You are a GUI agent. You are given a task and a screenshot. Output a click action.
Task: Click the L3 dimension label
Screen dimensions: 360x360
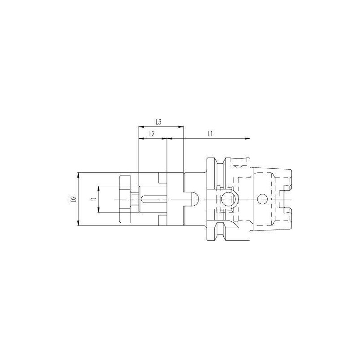tap(158, 122)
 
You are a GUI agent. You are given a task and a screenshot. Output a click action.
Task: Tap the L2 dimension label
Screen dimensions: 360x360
tap(152, 134)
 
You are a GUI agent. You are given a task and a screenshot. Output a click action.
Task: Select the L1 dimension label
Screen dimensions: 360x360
tap(210, 134)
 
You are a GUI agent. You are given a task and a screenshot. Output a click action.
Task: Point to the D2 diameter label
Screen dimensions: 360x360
tap(73, 199)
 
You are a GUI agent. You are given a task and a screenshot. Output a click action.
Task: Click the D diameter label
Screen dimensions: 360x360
tap(94, 199)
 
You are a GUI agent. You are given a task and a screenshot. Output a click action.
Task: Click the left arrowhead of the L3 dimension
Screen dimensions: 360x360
tap(141, 126)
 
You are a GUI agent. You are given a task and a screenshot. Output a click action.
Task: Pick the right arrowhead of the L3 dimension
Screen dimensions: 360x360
tap(181, 126)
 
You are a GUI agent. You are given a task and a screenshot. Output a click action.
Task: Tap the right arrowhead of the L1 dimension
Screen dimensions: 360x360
tap(247, 138)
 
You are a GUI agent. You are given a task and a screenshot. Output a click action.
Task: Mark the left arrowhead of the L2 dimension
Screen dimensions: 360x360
tap(141, 138)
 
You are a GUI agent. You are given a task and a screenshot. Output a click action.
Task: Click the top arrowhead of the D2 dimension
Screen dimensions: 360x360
tap(78, 175)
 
